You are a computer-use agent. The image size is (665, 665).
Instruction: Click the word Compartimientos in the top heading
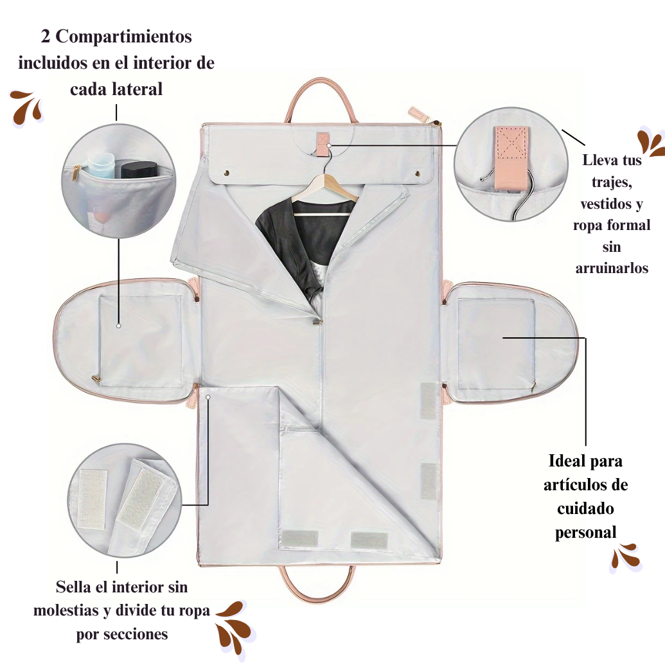123,37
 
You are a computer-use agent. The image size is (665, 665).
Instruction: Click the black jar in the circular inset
139,169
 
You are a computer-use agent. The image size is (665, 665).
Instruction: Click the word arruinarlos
612,268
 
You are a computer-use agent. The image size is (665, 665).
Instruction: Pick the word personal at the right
585,533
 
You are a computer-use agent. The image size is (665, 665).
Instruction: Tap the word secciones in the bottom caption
136,634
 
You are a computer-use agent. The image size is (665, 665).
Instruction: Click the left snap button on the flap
226,173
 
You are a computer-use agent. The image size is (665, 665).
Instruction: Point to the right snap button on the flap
417,173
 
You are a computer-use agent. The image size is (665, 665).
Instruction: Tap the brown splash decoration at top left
27,108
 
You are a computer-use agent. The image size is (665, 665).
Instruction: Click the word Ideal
565,461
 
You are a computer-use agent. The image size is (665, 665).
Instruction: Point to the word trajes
612,182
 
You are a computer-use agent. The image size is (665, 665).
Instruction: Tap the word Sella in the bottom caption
75,587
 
